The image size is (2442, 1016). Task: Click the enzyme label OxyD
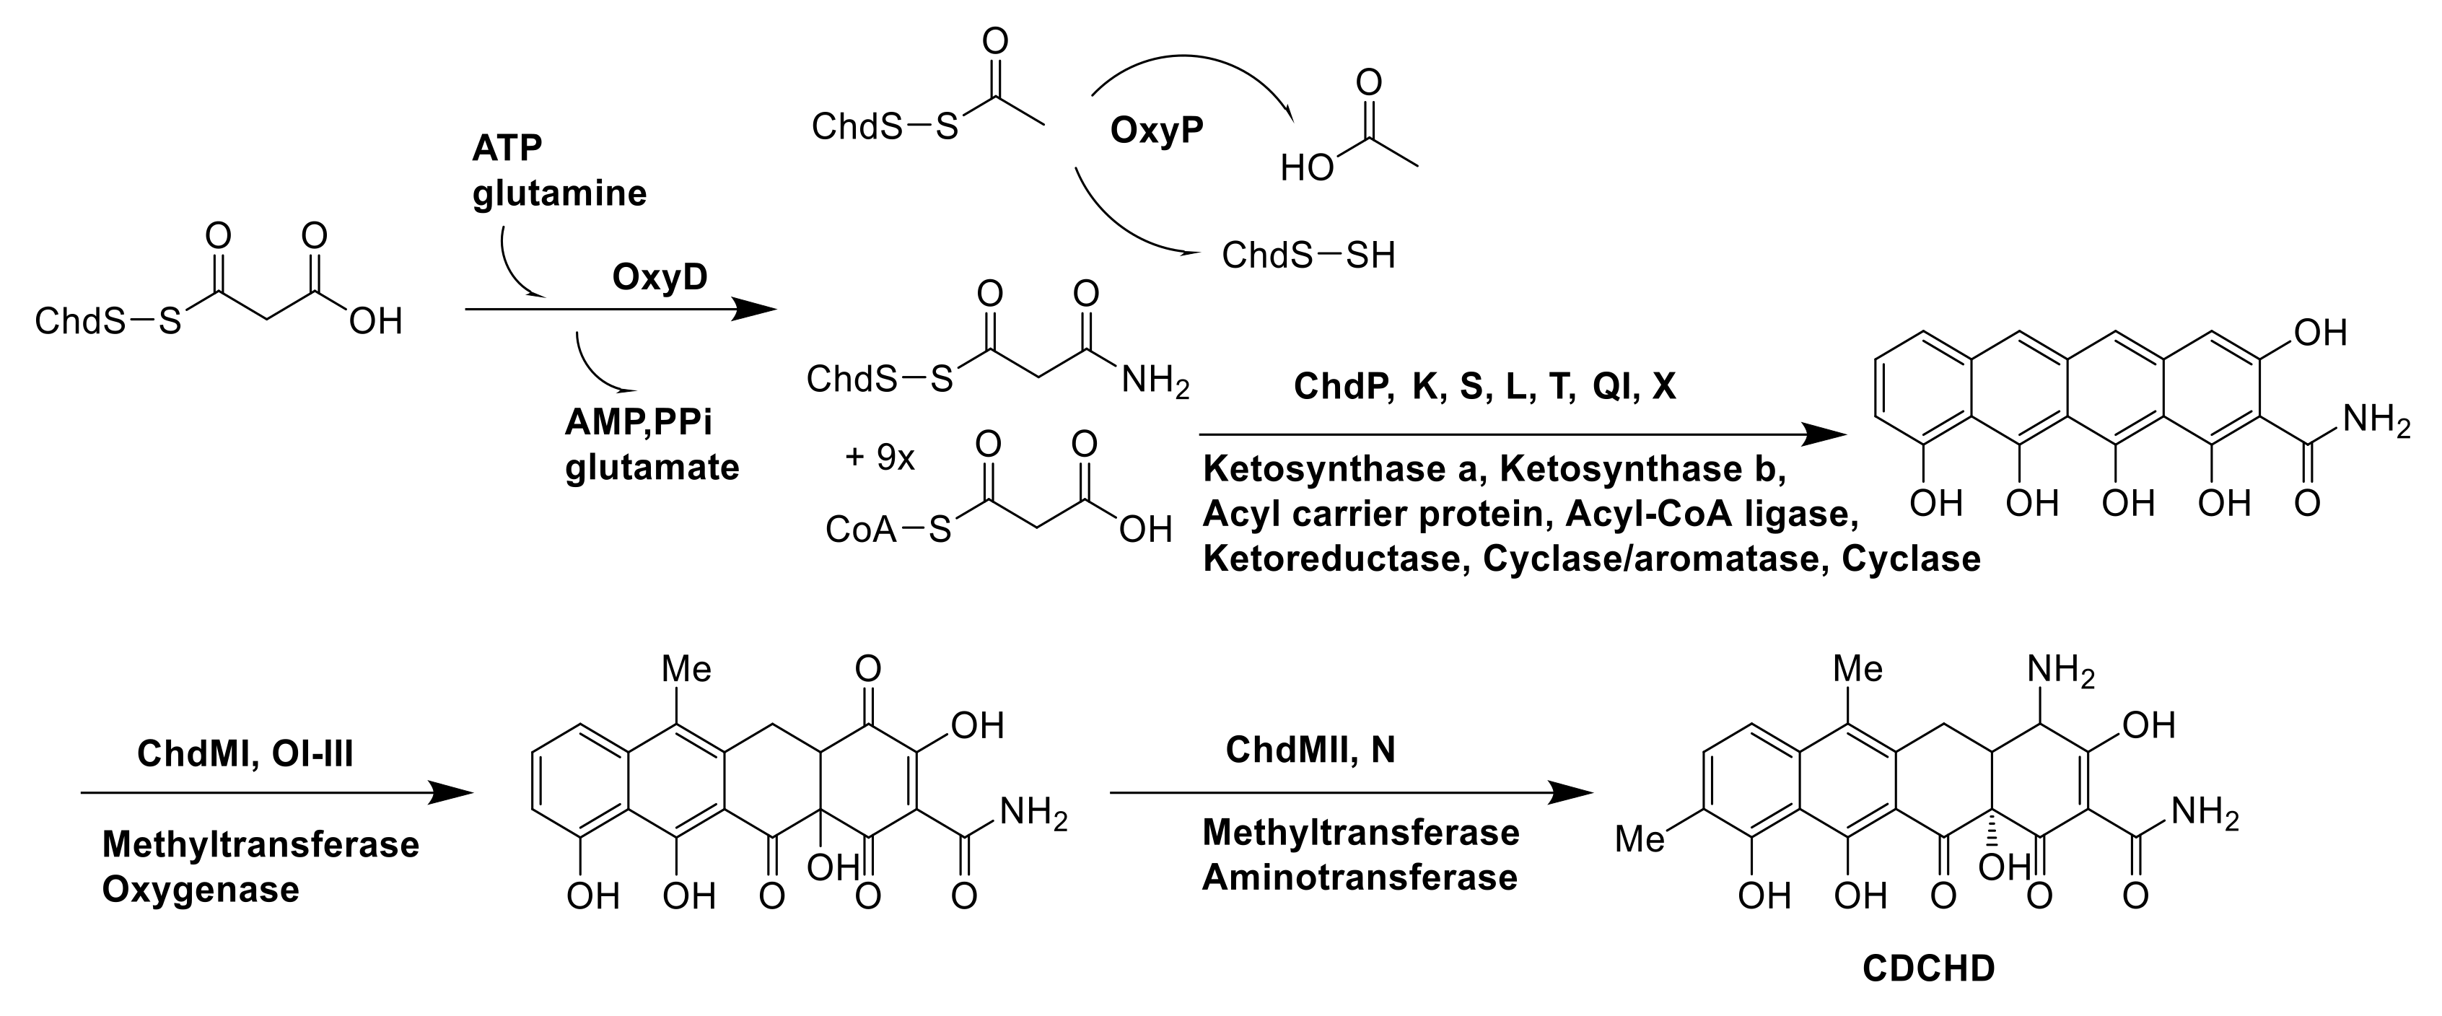[x=660, y=277]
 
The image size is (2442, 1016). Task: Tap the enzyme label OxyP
[x=1157, y=131]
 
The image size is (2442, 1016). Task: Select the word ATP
[x=507, y=148]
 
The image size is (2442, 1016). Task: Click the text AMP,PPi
[x=638, y=421]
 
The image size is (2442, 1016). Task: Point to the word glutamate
[x=652, y=468]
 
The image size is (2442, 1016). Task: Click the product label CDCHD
[x=1928, y=968]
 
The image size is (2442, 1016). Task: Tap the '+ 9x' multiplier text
[x=880, y=457]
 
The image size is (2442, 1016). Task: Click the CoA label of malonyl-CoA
[x=859, y=529]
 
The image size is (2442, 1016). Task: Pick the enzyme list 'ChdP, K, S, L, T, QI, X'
[x=1484, y=386]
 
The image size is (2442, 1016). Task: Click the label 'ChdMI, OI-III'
[x=245, y=754]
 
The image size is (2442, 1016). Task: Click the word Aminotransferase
[x=1360, y=877]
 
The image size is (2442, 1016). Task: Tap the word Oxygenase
[x=201, y=889]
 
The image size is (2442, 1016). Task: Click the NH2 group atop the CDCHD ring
[x=2060, y=671]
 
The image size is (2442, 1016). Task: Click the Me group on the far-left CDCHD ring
[x=1640, y=838]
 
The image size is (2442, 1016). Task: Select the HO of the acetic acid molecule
[x=1306, y=169]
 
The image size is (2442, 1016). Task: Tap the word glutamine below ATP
[x=559, y=193]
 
